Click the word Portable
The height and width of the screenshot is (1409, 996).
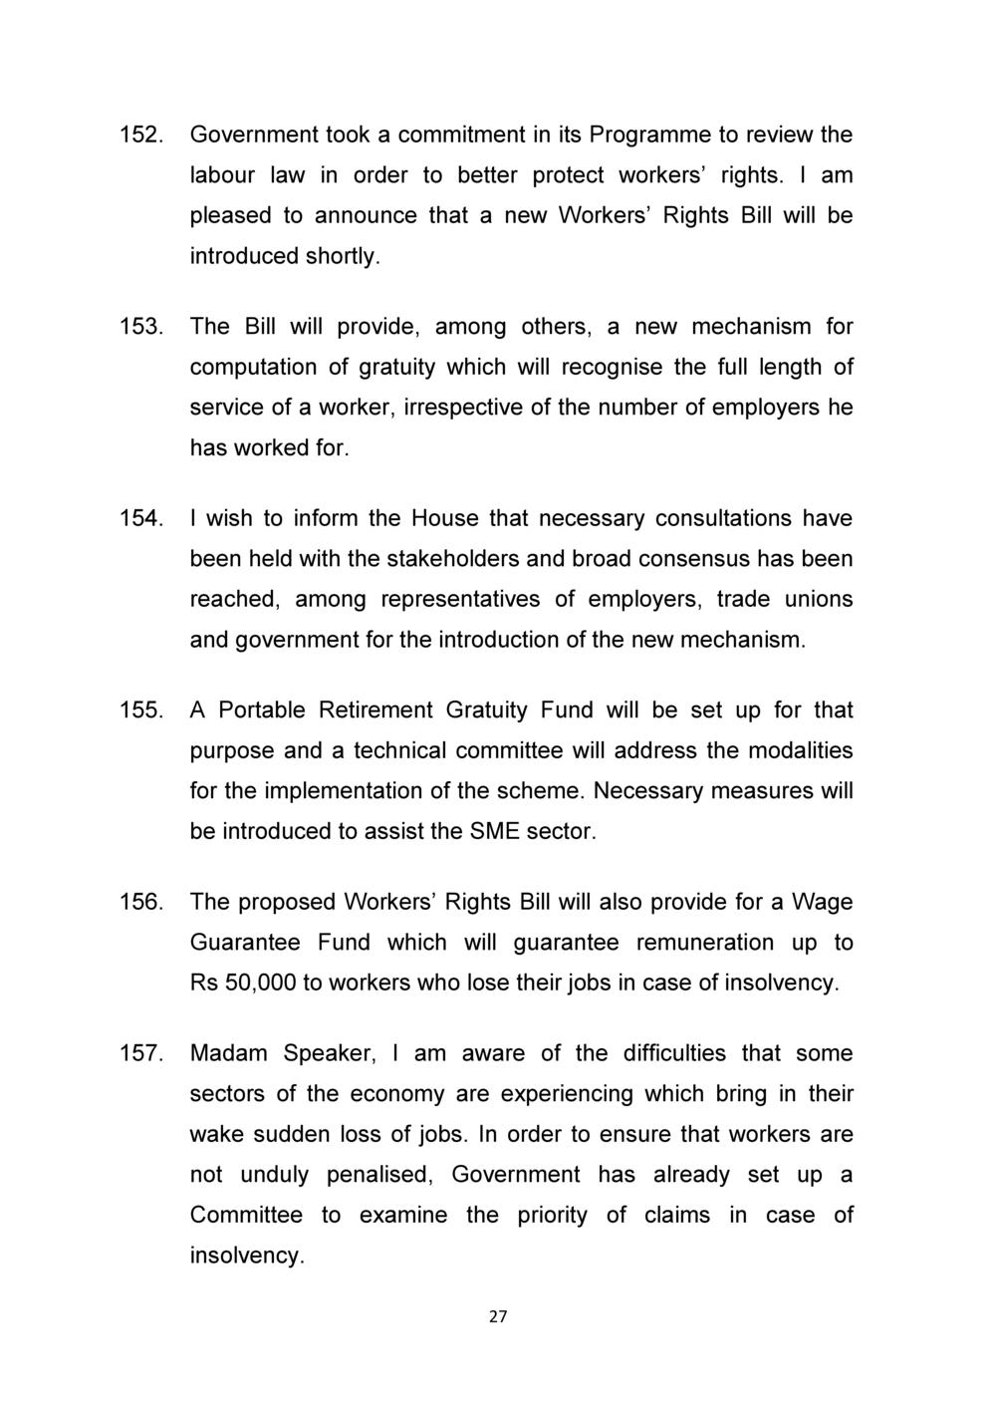(262, 710)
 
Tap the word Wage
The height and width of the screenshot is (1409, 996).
(823, 902)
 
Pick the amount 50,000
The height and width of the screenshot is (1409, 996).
(261, 983)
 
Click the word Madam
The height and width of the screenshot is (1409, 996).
(229, 1053)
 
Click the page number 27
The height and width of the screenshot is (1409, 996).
(498, 1317)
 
